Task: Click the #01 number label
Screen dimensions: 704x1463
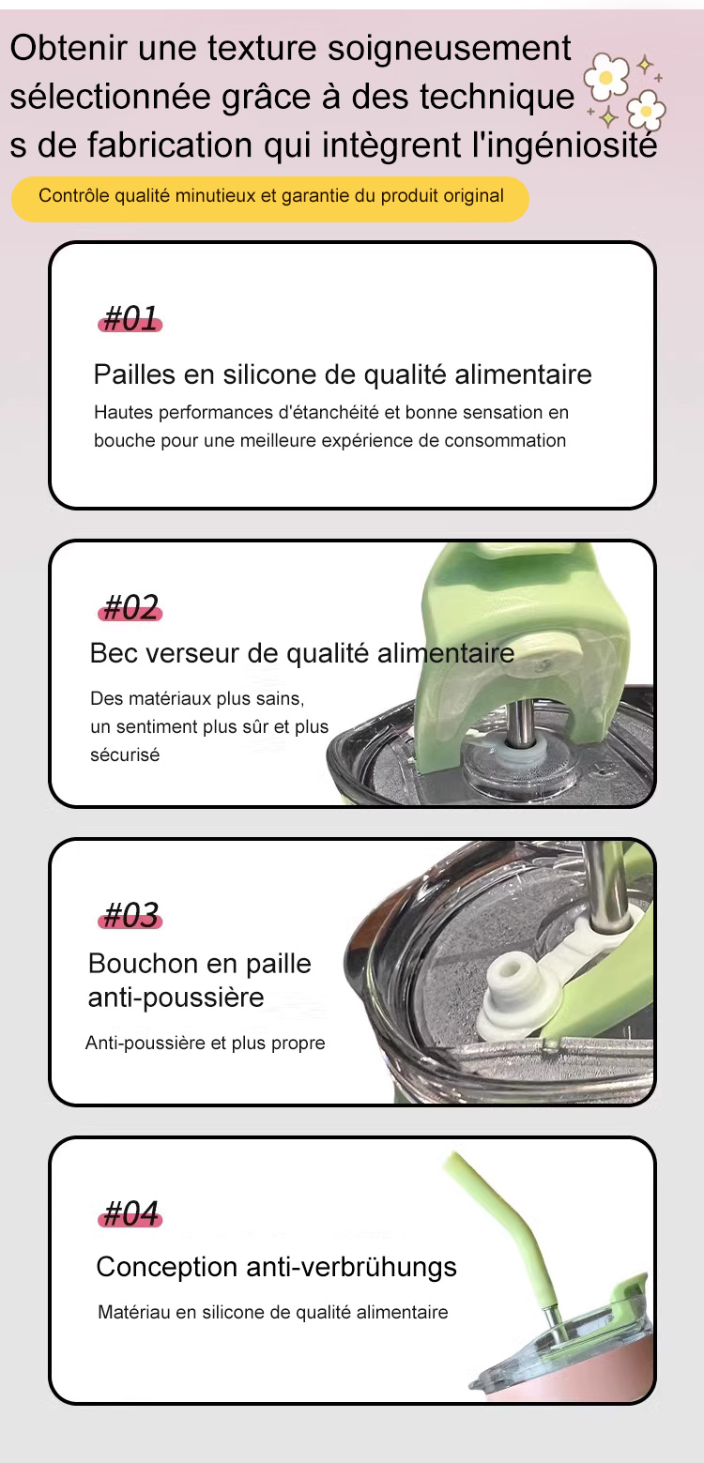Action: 130,319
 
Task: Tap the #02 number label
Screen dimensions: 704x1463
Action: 130,607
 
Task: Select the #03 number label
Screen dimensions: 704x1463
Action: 130,915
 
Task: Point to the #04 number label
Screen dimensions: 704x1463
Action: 130,1214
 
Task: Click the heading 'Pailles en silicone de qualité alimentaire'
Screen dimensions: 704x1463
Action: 343,374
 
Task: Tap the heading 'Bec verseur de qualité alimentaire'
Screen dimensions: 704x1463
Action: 302,653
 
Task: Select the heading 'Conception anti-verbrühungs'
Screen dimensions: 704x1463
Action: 276,1267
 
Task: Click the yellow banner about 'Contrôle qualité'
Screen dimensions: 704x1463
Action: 270,199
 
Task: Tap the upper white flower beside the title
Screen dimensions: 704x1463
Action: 606,77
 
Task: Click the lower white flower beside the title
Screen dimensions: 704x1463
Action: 646,111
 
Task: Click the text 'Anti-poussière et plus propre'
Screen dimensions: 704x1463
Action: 205,1043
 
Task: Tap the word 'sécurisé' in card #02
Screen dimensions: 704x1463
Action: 125,755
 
